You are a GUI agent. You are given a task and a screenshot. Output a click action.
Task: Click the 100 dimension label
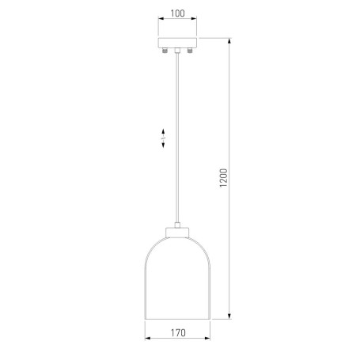click(177, 13)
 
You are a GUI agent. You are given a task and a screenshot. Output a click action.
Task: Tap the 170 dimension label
click(178, 333)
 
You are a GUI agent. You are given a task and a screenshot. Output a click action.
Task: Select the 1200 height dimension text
click(223, 178)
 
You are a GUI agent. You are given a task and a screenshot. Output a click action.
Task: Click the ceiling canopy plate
click(177, 43)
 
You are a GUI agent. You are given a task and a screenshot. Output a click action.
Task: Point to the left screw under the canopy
click(165, 50)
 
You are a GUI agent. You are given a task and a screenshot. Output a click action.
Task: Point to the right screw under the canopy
click(190, 50)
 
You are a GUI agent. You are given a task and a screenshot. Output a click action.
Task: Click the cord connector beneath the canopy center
click(177, 50)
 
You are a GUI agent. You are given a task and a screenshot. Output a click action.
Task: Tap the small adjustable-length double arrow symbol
click(163, 138)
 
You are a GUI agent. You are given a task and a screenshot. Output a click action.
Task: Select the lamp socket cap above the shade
click(177, 233)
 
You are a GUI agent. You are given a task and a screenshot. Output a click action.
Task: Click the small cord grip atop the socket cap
click(177, 225)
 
